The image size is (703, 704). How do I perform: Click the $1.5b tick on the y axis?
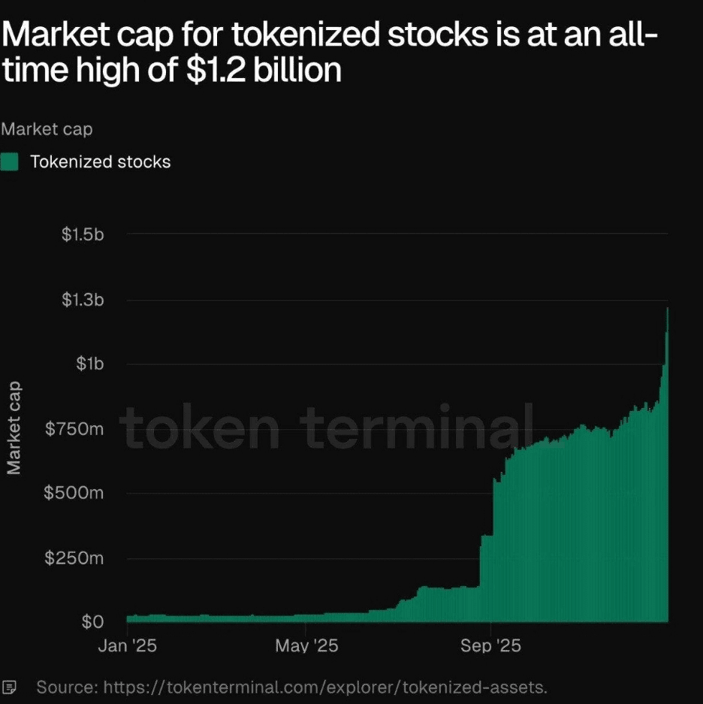click(x=83, y=234)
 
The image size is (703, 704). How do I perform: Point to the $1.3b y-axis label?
click(x=83, y=301)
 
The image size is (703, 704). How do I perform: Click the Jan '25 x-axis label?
click(x=128, y=646)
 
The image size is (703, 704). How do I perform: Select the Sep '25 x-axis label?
click(x=490, y=646)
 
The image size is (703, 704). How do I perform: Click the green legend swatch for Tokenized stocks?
click(x=10, y=162)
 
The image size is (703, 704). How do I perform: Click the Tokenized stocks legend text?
click(x=101, y=162)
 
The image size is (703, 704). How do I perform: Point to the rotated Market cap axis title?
click(x=14, y=429)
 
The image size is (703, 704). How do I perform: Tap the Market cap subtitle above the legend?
click(x=47, y=129)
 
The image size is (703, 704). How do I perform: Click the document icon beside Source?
click(x=10, y=687)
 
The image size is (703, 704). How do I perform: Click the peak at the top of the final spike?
click(x=667, y=309)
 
